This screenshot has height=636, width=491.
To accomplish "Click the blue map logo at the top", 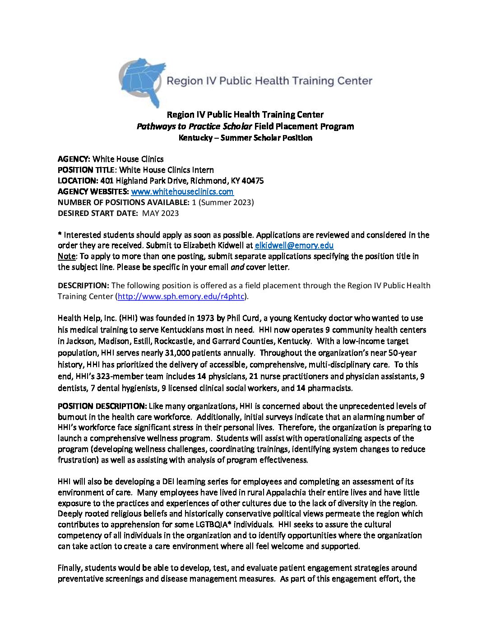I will click(141, 81).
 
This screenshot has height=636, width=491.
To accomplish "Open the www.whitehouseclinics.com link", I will click(182, 192).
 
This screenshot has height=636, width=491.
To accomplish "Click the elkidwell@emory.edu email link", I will click(294, 245).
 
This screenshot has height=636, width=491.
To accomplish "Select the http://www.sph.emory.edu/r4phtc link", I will click(181, 296).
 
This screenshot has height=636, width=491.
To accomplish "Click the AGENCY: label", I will click(74, 159).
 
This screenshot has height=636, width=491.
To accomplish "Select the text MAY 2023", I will click(160, 213).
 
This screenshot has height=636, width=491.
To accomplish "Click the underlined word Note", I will click(66, 256).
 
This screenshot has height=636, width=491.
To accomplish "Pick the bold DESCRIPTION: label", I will click(83, 285).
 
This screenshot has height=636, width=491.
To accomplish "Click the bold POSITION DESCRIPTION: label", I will click(102, 406).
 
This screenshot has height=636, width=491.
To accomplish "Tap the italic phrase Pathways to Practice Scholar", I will click(194, 126).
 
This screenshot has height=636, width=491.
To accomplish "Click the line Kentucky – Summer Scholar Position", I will click(245, 138).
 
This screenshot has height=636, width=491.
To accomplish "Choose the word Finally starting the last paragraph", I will click(69, 568).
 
